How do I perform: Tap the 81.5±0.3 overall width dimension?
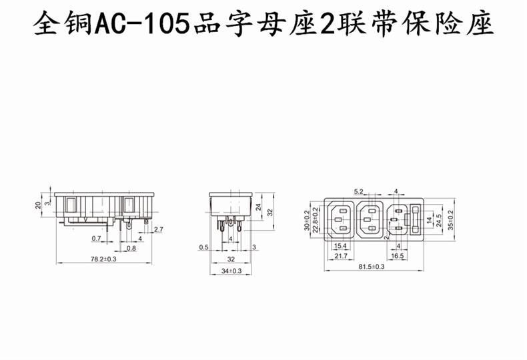(371, 266)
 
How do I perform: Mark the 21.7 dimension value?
(340, 256)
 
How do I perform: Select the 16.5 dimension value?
(398, 256)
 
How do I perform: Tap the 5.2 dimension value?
(358, 192)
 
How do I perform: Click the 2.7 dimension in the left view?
(159, 230)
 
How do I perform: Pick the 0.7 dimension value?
(96, 238)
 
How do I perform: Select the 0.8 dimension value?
(131, 248)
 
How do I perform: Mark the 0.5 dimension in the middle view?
(203, 247)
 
